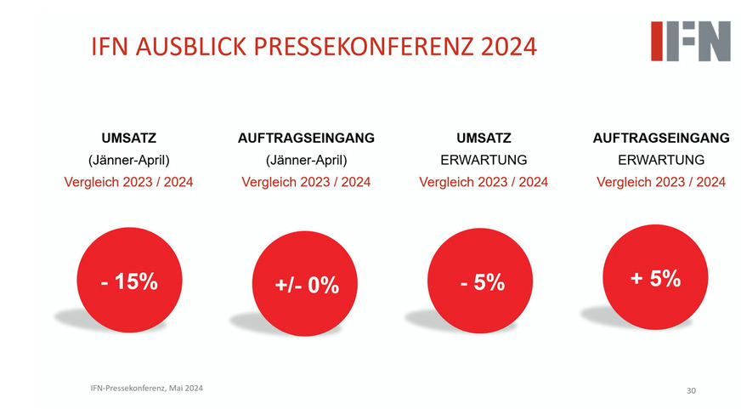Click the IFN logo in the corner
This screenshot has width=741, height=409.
pyautogui.click(x=690, y=40)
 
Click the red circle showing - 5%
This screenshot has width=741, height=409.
pyautogui.click(x=483, y=282)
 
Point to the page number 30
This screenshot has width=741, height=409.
pyautogui.click(x=691, y=390)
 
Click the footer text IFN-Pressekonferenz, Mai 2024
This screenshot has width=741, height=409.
pyautogui.click(x=146, y=388)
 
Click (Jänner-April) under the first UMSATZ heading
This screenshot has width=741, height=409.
pyautogui.click(x=129, y=159)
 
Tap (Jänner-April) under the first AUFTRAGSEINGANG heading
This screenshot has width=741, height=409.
pyautogui.click(x=306, y=159)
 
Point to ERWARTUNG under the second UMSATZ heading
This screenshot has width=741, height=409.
pyautogui.click(x=484, y=159)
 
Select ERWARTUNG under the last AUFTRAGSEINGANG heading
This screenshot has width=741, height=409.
pyautogui.click(x=660, y=159)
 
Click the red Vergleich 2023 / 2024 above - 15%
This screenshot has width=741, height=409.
pyautogui.click(x=129, y=181)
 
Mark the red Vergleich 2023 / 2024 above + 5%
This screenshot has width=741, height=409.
pyautogui.click(x=660, y=181)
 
